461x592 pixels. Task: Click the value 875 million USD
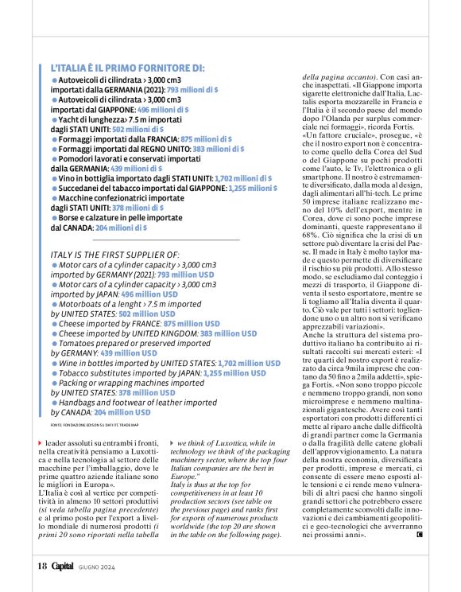pyautogui.click(x=192, y=324)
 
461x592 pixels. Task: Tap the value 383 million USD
pyautogui.click(x=229, y=335)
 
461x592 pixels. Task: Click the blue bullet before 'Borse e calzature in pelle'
pyautogui.click(x=55, y=217)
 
